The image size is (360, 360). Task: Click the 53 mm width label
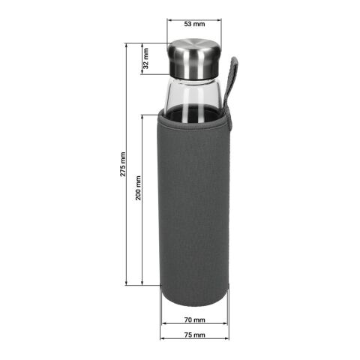click(194, 13)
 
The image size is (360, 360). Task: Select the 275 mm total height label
click(123, 165)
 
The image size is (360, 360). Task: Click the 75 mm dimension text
click(194, 335)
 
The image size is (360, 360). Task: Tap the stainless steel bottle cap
click(193, 58)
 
